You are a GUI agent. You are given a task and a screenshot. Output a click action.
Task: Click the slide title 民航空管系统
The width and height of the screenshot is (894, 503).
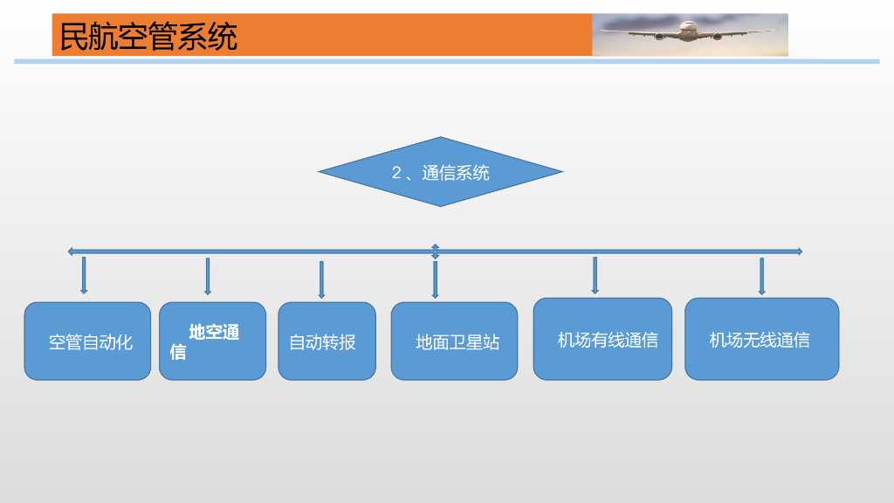148,37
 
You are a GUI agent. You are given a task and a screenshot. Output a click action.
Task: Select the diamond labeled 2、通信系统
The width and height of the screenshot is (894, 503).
440,172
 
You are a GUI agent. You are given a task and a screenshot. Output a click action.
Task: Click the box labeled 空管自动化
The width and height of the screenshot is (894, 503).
87,341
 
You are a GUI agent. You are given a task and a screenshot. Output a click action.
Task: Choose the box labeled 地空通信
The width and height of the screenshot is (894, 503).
212,341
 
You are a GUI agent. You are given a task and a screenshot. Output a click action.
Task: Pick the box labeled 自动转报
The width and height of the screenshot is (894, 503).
327,341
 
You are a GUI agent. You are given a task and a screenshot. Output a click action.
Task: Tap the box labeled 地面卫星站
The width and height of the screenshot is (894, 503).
454,341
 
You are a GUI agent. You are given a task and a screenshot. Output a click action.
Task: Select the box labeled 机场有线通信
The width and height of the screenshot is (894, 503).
602,339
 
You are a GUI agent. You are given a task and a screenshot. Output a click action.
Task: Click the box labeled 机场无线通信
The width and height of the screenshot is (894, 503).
761,339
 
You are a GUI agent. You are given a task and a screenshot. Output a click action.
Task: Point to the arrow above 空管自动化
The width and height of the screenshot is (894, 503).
84,275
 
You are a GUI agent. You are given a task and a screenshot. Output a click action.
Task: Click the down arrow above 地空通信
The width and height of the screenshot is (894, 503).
208,276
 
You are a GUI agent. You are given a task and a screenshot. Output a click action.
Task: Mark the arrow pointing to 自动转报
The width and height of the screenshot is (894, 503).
321,279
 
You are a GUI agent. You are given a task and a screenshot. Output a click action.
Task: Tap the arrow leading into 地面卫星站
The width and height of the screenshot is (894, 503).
435,279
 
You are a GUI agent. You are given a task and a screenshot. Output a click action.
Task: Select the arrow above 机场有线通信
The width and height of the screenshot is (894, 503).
595,275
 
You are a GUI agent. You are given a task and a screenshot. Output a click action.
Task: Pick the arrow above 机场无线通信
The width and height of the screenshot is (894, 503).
761,276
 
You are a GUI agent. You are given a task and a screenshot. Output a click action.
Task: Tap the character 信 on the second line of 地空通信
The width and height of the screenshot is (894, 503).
178,352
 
